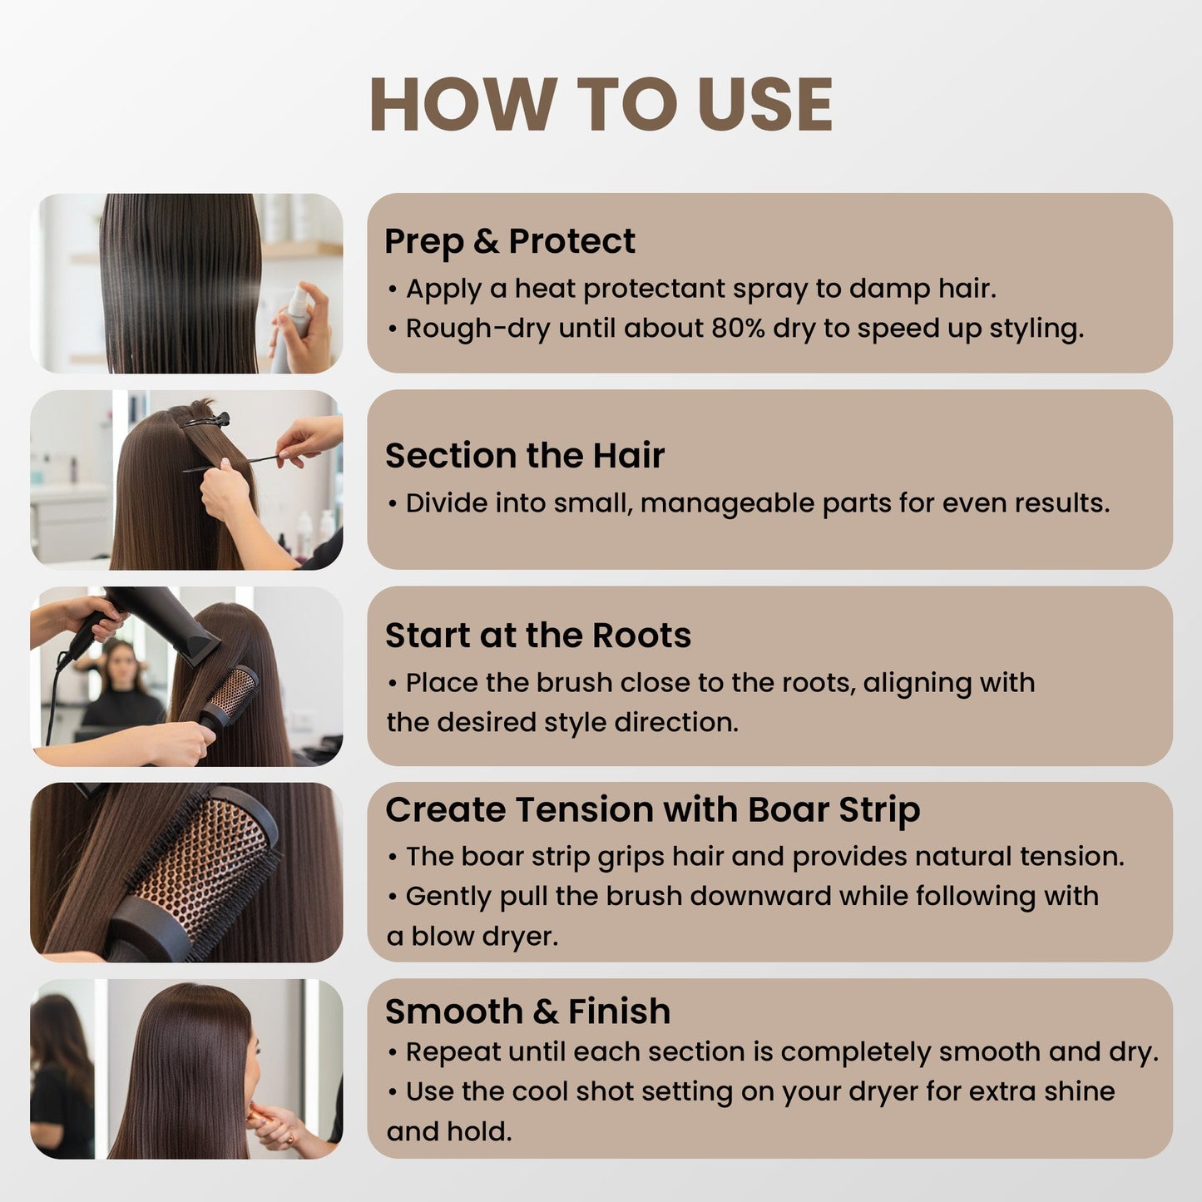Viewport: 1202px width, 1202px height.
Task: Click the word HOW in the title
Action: [463, 104]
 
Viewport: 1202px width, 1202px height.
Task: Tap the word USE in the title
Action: [764, 104]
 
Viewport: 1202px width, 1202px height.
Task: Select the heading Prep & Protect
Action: [510, 241]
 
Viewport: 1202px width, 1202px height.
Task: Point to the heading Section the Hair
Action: [525, 455]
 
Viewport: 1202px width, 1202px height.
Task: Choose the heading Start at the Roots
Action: [538, 635]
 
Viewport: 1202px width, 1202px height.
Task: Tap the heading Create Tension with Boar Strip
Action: [652, 810]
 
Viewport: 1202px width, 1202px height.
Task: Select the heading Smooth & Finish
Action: [527, 1011]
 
